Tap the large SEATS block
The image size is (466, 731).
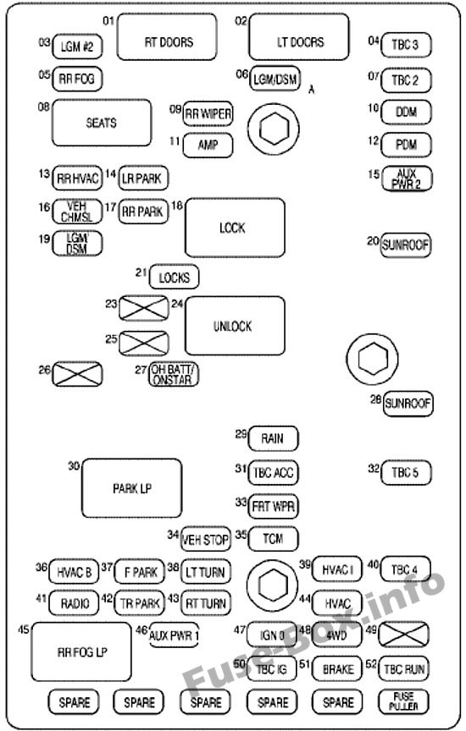point(103,124)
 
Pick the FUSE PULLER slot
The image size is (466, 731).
point(404,701)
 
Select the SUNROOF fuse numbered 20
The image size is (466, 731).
point(406,245)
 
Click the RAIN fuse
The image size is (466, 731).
point(273,438)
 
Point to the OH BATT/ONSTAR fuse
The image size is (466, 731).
point(174,375)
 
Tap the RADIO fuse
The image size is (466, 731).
point(74,602)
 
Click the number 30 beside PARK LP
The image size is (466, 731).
point(74,464)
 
